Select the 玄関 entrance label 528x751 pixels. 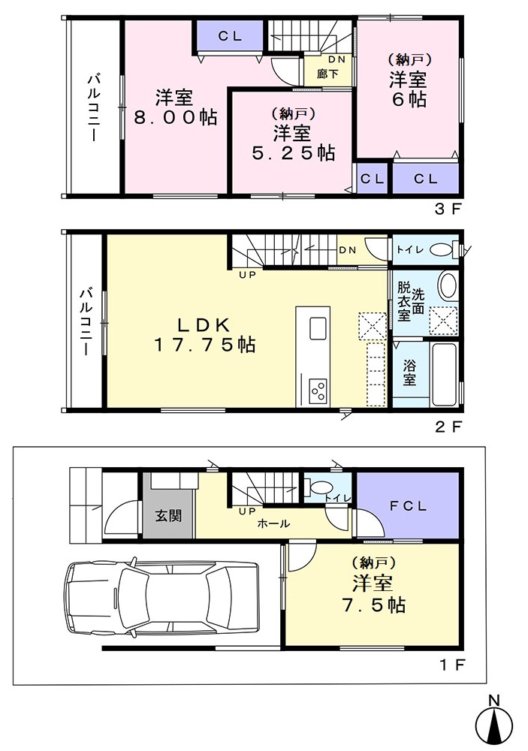pyautogui.click(x=168, y=516)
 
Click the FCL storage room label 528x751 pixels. pyautogui.click(x=408, y=505)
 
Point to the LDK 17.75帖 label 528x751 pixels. pyautogui.click(x=204, y=335)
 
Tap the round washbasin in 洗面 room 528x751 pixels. pyautogui.click(x=448, y=285)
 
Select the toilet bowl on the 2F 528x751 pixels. pyautogui.click(x=442, y=250)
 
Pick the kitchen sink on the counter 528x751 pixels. pyautogui.click(x=318, y=329)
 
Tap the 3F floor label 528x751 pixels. pyautogui.click(x=448, y=210)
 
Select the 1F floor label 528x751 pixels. pyautogui.click(x=451, y=665)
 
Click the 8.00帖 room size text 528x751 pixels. pyautogui.click(x=175, y=117)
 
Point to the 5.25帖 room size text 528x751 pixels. pyautogui.click(x=293, y=152)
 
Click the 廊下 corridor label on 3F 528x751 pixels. pyautogui.click(x=327, y=74)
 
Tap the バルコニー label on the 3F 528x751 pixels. pyautogui.click(x=94, y=107)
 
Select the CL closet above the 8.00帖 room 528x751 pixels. pyautogui.click(x=230, y=35)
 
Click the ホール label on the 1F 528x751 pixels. pyautogui.click(x=273, y=524)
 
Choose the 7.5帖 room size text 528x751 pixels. pyautogui.click(x=374, y=605)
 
